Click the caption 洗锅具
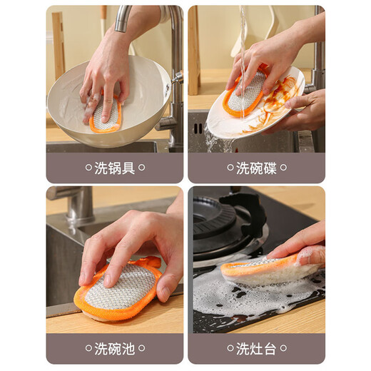tap(114, 168)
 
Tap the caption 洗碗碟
tap(255, 168)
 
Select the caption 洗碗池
tap(114, 348)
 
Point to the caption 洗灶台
tap(255, 348)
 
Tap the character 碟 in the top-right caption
tap(269, 168)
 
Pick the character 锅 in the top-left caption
tap(114, 168)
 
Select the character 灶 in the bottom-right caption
tap(255, 348)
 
